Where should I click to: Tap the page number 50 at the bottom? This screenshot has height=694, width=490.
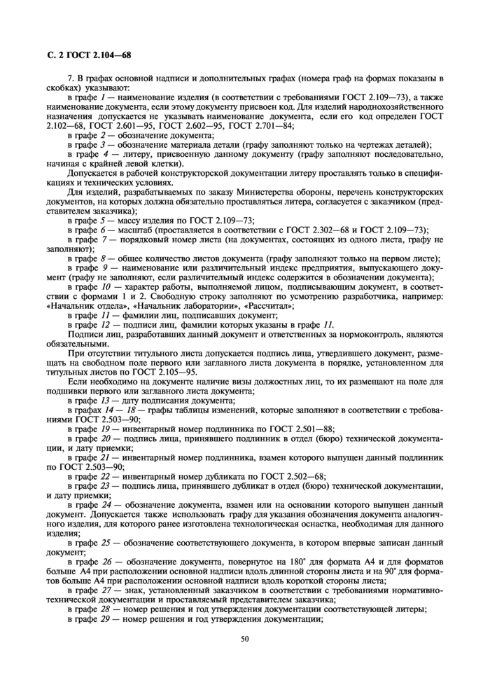coord(244,638)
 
